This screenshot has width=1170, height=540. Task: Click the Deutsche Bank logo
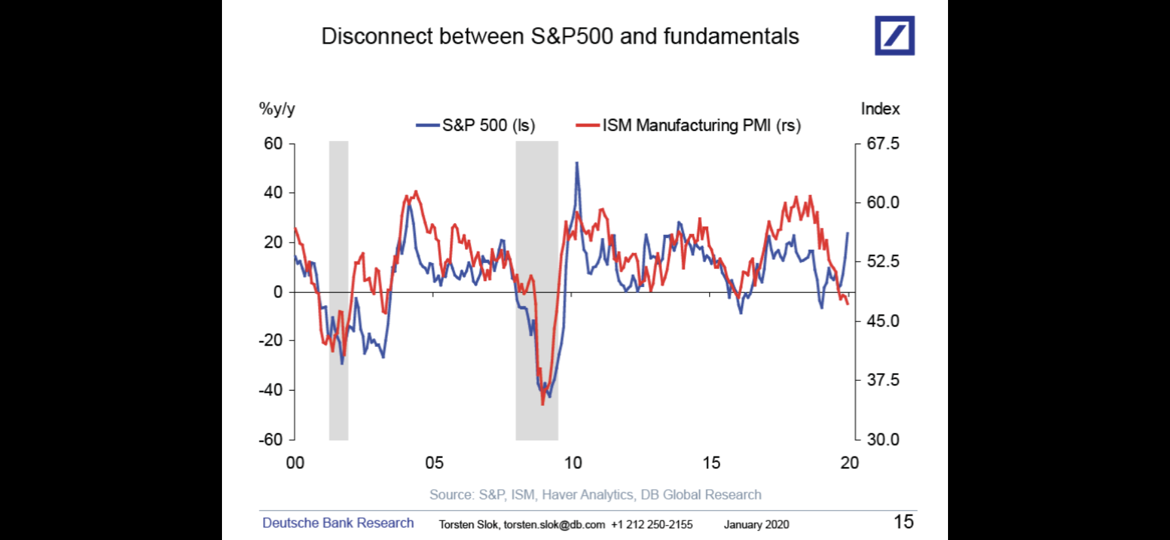894,36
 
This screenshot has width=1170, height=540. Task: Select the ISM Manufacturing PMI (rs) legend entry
689,125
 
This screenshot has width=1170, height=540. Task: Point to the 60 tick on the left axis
274,143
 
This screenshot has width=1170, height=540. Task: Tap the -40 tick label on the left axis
271,390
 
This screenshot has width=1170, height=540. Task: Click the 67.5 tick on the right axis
883,143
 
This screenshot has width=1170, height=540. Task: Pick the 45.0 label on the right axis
883,321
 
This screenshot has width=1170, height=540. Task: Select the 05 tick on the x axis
434,463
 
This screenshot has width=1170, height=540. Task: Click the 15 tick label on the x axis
711,463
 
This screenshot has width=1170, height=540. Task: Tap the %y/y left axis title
277,109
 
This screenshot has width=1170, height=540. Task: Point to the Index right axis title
880,109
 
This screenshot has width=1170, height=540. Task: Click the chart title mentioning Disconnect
560,37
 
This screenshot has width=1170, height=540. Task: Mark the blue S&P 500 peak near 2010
577,163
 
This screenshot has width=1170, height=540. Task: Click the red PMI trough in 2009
543,404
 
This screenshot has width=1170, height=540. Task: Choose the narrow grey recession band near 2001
338,290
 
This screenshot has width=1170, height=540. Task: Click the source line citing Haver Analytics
595,495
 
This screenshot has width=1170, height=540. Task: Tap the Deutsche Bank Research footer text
338,523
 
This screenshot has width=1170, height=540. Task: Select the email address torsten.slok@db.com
554,524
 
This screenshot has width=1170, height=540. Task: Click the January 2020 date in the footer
756,524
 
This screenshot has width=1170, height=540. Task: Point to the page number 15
904,522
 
